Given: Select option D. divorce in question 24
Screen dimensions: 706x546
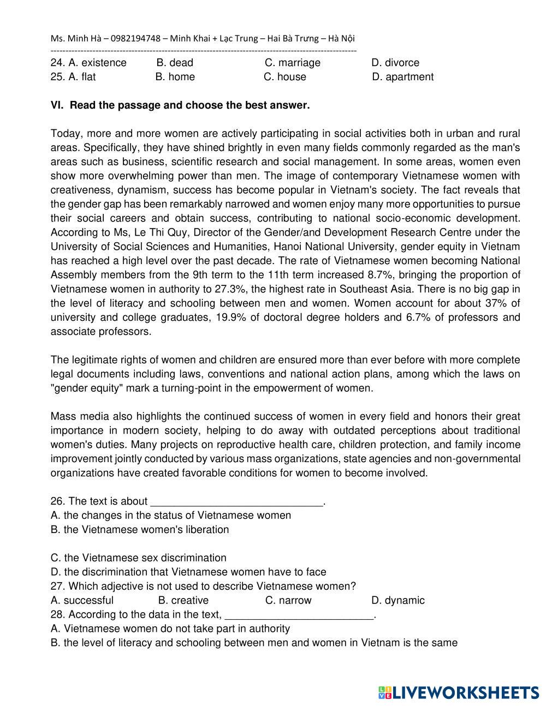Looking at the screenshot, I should tap(395, 63).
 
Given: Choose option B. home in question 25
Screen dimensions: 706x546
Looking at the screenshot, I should tap(175, 77).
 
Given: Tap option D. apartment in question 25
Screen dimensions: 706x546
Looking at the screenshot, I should tap(403, 77).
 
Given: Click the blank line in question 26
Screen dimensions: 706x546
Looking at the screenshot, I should tap(236, 502).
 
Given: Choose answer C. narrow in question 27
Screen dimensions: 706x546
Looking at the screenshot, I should tap(288, 601).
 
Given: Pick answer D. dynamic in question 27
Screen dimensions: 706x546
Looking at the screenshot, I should tap(397, 601).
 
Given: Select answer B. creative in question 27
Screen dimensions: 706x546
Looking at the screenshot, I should tap(183, 601).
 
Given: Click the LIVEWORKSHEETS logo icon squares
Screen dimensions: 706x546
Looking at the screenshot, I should tap(385, 692).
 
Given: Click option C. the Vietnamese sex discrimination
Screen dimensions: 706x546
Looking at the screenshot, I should tap(138, 558).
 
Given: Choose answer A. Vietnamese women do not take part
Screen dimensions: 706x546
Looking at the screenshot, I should tap(170, 629).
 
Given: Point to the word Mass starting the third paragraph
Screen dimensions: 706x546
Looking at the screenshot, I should tap(63, 416).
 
